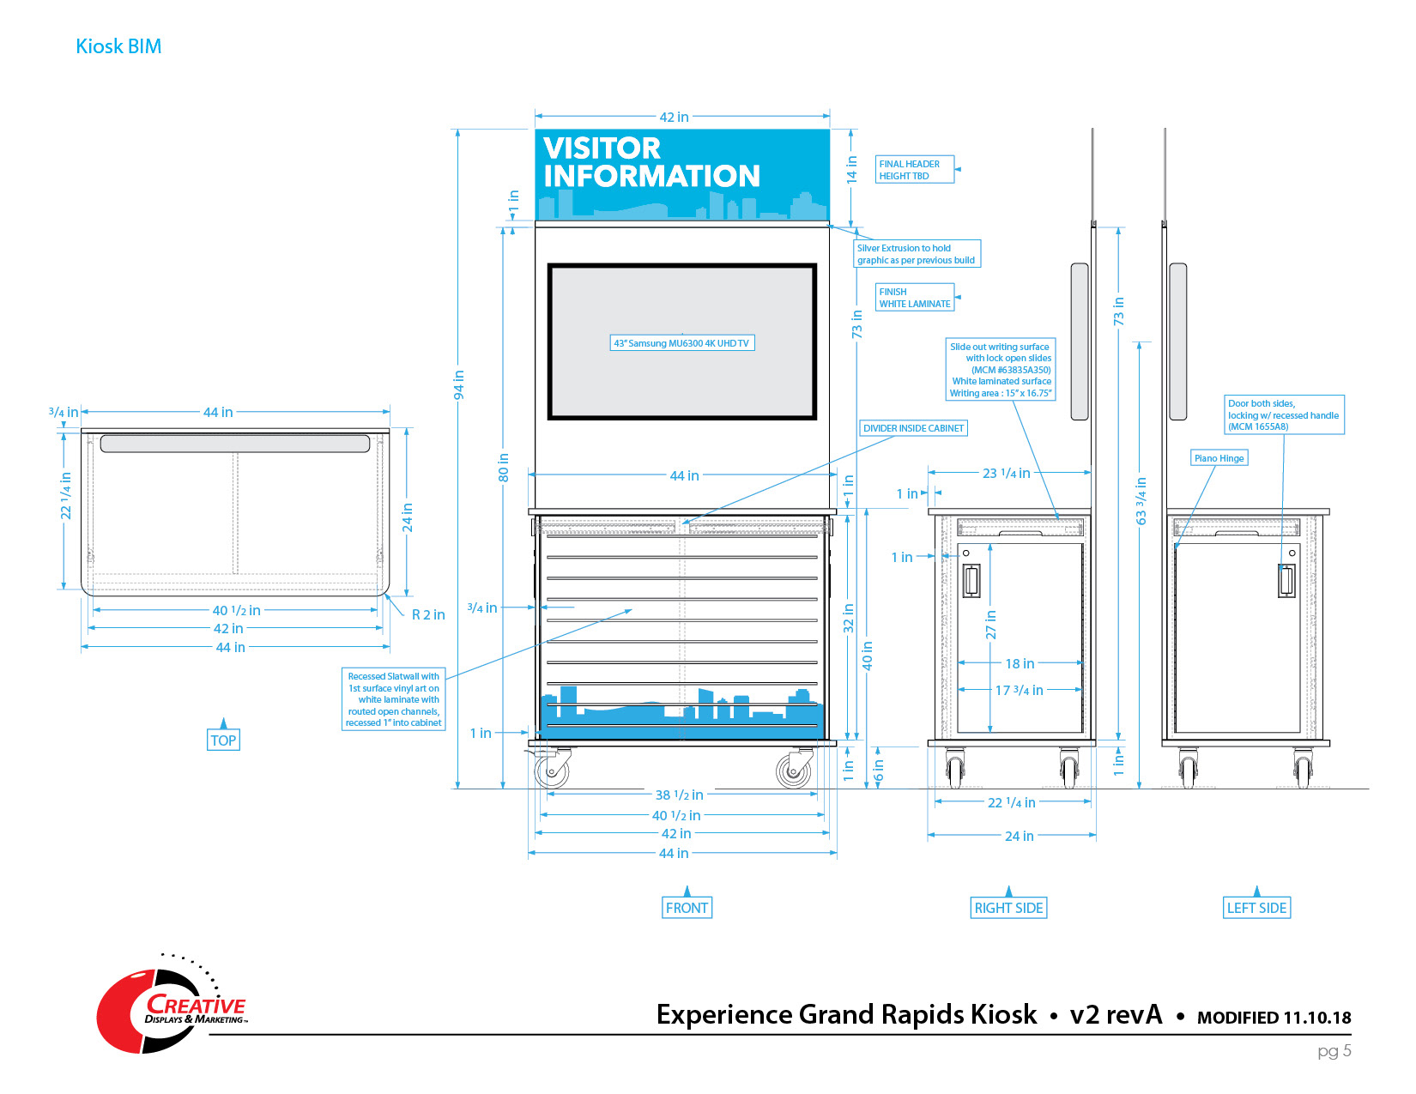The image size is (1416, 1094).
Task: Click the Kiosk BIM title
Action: (118, 46)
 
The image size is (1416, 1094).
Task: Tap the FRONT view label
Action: (687, 908)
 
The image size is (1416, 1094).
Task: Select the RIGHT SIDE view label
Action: (1008, 908)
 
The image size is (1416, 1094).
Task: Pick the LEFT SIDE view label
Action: (1256, 908)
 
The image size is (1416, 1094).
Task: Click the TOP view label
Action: (223, 740)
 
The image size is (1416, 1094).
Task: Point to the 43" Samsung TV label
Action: (681, 343)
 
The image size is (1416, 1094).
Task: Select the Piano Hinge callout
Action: (1219, 458)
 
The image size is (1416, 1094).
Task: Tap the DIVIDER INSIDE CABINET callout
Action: (913, 428)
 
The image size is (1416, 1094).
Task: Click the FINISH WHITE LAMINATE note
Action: (915, 298)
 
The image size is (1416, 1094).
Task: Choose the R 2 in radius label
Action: (428, 614)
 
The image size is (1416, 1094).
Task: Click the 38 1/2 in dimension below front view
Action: (680, 795)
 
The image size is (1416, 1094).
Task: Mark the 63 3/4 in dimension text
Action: (1141, 501)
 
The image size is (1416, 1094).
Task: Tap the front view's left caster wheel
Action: (552, 771)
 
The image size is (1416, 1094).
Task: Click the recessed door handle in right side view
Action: (971, 581)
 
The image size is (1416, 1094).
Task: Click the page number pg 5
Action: (1334, 1050)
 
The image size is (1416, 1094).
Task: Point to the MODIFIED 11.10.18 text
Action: (1274, 1018)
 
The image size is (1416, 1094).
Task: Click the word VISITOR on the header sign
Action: (602, 148)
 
